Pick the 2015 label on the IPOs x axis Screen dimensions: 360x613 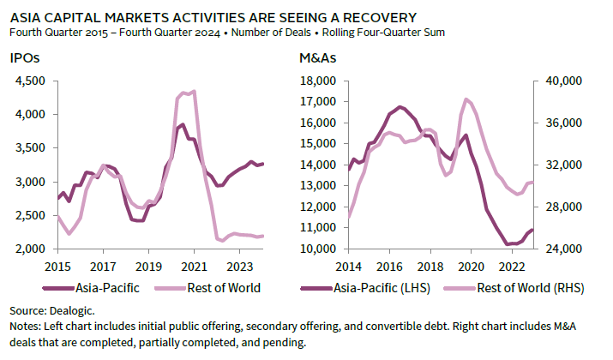(57, 267)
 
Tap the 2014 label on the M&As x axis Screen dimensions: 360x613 (349, 267)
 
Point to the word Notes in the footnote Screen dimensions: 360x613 (24, 327)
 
